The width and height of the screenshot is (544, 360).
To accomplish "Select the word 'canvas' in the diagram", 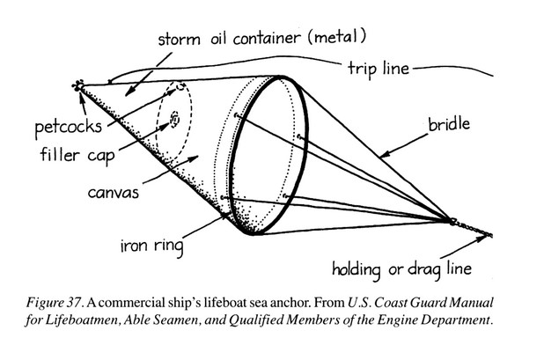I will pos(116,189).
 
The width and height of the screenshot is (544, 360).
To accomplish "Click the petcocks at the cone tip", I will pos(78,86).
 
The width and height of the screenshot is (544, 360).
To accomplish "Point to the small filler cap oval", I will pos(174,117).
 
